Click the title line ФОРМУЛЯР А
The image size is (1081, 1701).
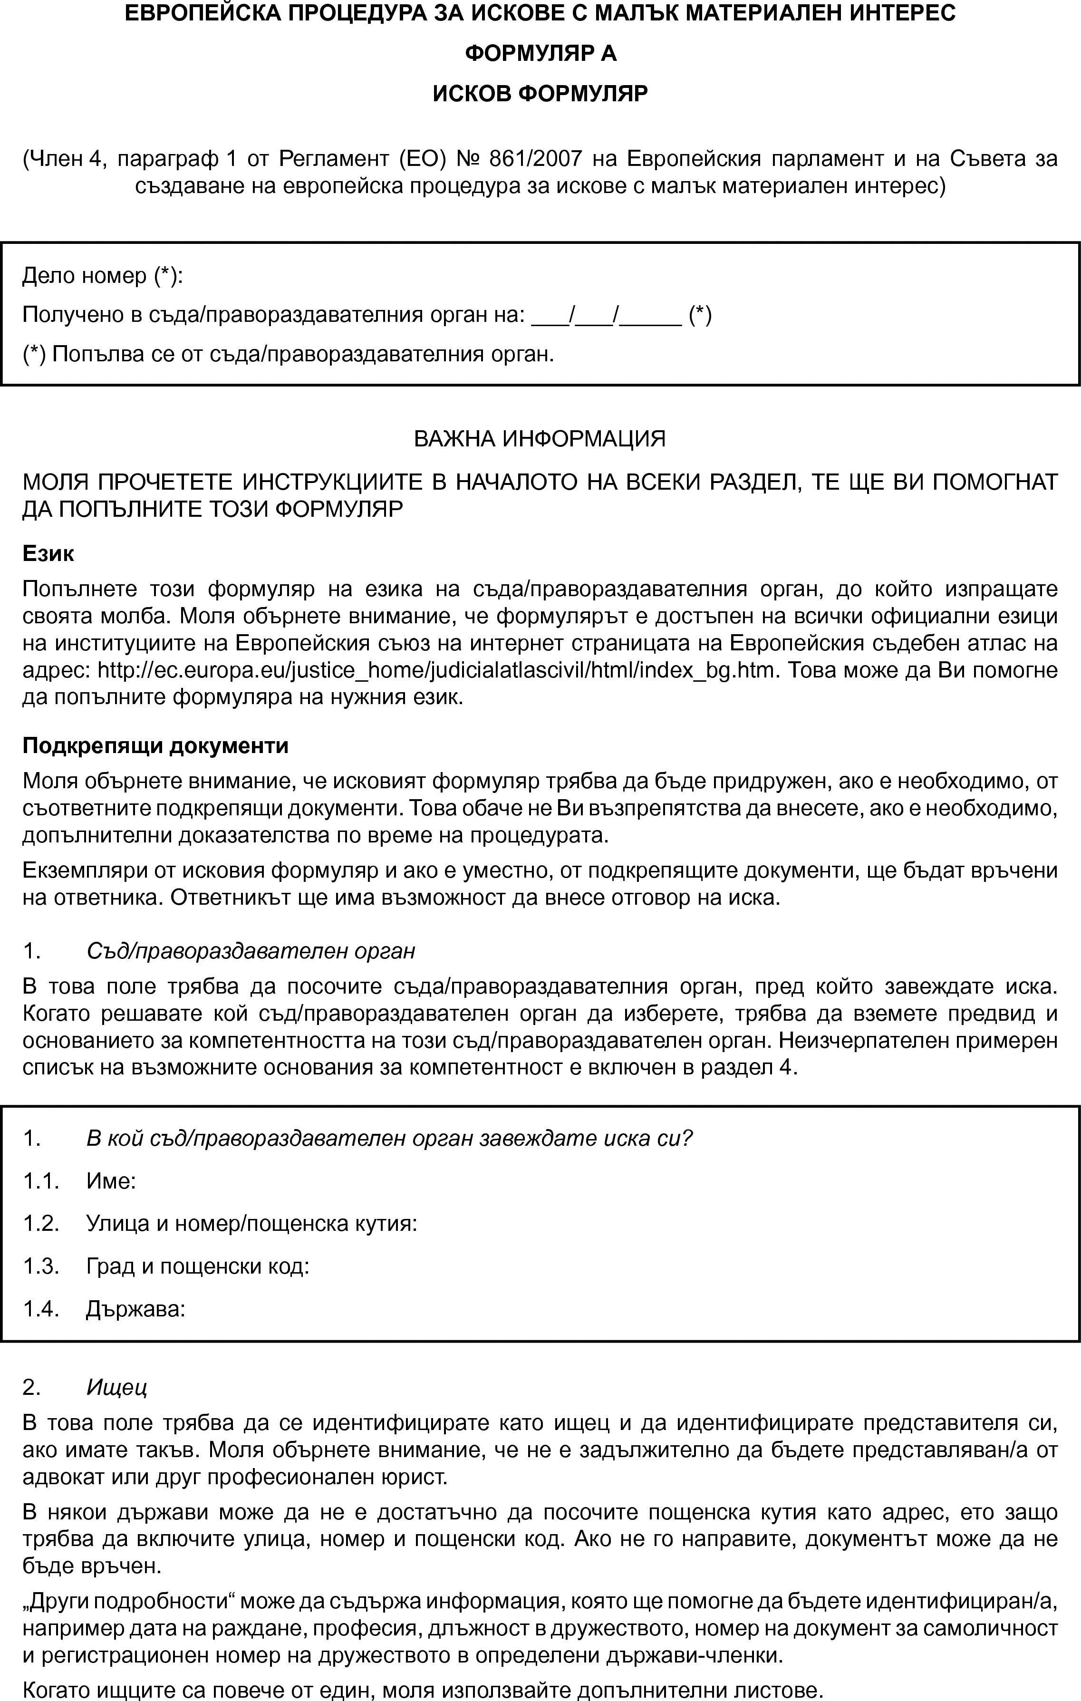(540, 54)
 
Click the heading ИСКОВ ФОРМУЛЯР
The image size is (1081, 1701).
(540, 94)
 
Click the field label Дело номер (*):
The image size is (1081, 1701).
(103, 275)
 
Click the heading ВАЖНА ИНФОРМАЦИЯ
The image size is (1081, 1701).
(540, 439)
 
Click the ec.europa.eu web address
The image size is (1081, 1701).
(435, 670)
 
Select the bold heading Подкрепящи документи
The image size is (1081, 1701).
(155, 746)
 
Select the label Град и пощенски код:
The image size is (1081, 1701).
(198, 1266)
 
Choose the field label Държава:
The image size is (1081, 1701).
(135, 1309)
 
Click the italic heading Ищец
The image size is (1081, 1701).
(116, 1387)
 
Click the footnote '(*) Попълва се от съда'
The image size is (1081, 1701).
(288, 354)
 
